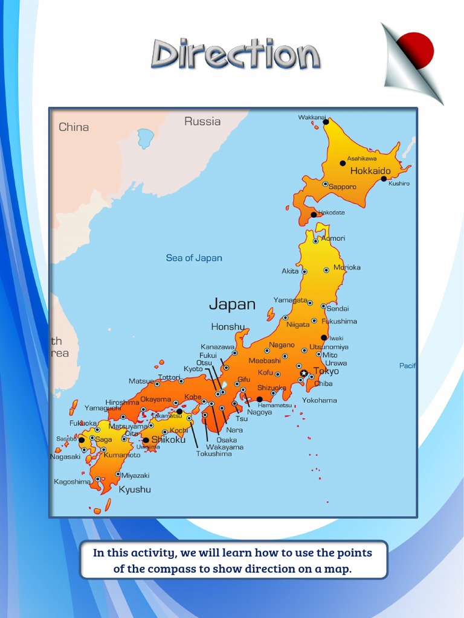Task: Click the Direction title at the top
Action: point(235,55)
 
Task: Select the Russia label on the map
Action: point(202,121)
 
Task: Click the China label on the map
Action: point(74,127)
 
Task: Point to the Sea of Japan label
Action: point(194,258)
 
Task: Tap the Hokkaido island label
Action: point(370,171)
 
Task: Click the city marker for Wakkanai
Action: point(326,122)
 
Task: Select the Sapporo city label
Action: point(343,186)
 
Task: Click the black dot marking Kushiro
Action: point(384,179)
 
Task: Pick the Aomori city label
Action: point(333,238)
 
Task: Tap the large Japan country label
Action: point(232,304)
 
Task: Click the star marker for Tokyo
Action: point(304,373)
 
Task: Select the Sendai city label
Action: point(338,308)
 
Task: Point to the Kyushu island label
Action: point(135,489)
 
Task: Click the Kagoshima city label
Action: point(72,482)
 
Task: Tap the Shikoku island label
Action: point(169,439)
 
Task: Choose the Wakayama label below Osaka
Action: point(225,447)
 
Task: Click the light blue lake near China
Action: point(146,138)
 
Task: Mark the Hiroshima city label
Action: point(123,403)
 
